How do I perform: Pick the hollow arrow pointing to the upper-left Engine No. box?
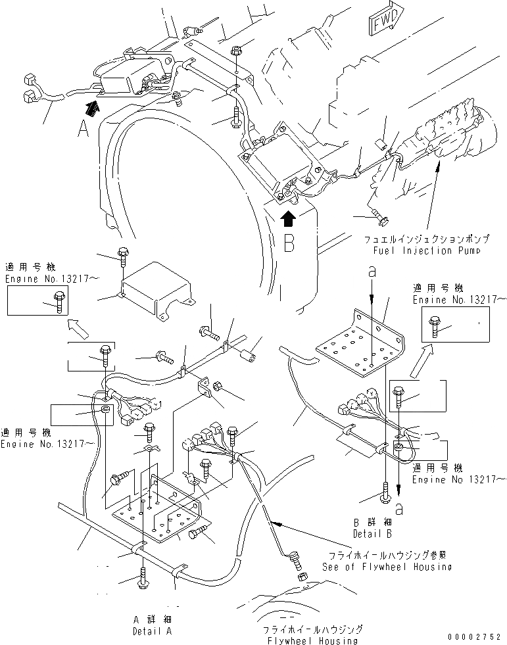[77, 325]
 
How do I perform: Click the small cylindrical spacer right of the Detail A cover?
[249, 359]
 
